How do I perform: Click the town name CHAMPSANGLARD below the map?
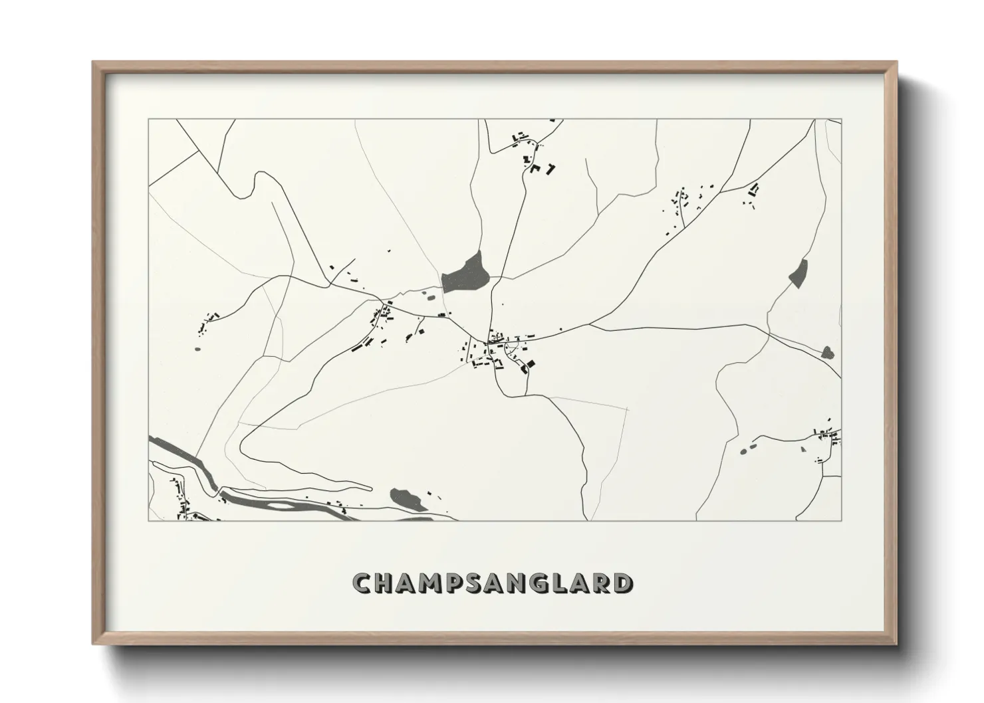pos(493,583)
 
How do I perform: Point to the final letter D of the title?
pos(623,583)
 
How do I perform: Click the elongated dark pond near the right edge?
pos(798,272)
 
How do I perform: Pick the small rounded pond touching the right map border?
pos(828,352)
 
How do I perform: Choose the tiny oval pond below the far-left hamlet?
pos(197,348)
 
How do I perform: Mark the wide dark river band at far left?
pos(176,453)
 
